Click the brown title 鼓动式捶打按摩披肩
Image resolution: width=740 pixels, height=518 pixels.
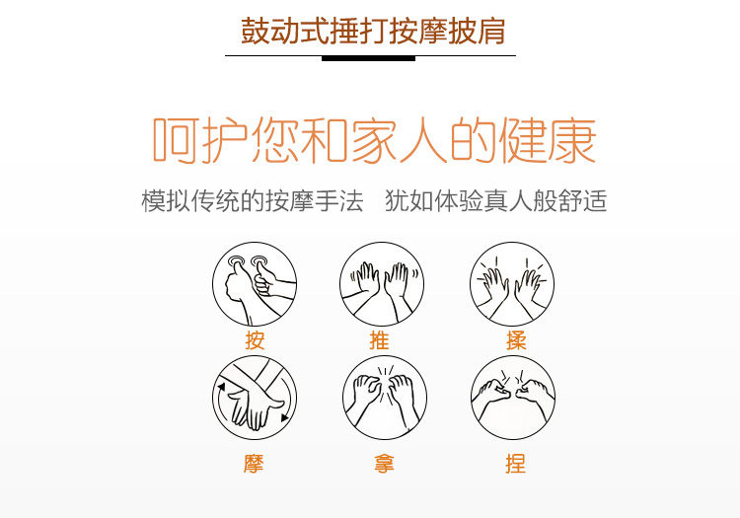[373, 32]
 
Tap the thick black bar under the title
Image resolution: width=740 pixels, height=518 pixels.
[369, 58]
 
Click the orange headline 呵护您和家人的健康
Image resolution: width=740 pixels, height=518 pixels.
[374, 140]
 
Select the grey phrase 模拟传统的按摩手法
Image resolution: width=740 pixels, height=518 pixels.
[253, 201]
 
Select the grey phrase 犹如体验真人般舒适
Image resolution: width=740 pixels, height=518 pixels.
[496, 201]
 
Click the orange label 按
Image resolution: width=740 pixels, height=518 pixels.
[255, 339]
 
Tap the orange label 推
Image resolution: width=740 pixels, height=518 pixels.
[379, 339]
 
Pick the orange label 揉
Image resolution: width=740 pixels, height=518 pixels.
[516, 339]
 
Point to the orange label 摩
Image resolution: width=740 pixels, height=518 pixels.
[254, 464]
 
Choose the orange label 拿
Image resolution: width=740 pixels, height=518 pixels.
[384, 464]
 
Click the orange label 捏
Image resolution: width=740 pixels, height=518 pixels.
[515, 464]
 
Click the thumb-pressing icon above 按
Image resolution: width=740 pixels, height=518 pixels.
[255, 284]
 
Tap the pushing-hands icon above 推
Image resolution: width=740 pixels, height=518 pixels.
[382, 284]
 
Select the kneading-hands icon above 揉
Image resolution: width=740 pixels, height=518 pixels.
[512, 284]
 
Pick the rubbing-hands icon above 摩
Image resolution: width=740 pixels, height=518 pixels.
[255, 398]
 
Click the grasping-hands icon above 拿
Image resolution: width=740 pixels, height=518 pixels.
[385, 398]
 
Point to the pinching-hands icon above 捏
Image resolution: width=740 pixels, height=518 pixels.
[513, 398]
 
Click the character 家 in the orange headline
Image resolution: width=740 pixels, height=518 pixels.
[373, 140]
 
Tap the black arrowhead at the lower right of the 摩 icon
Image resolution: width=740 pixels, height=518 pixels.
[284, 417]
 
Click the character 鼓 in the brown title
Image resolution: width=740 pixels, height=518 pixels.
[256, 32]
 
